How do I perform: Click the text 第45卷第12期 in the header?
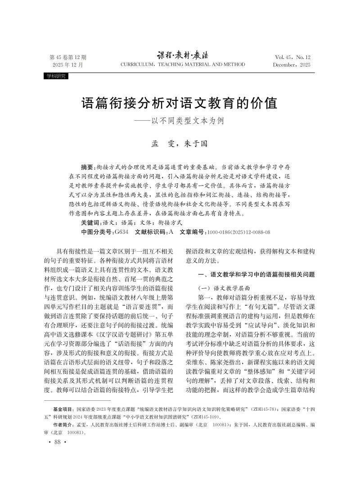pyautogui.click(x=67, y=58)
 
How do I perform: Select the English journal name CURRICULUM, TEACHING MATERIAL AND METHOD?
pyautogui.click(x=183, y=65)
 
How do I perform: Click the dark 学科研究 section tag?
pyautogui.click(x=55, y=76)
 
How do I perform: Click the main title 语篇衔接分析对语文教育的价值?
pyautogui.click(x=179, y=103)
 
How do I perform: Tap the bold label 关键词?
pyautogui.click(x=90, y=223)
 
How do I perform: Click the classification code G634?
pyautogui.click(x=121, y=232)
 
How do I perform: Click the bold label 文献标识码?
pyautogui.click(x=150, y=232)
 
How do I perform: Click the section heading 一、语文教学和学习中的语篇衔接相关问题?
pyautogui.click(x=256, y=274)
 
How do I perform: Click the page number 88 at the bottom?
pyautogui.click(x=57, y=442)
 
